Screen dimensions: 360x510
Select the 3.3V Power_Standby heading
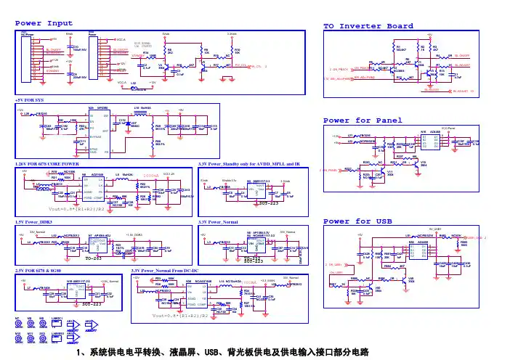click(247, 165)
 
